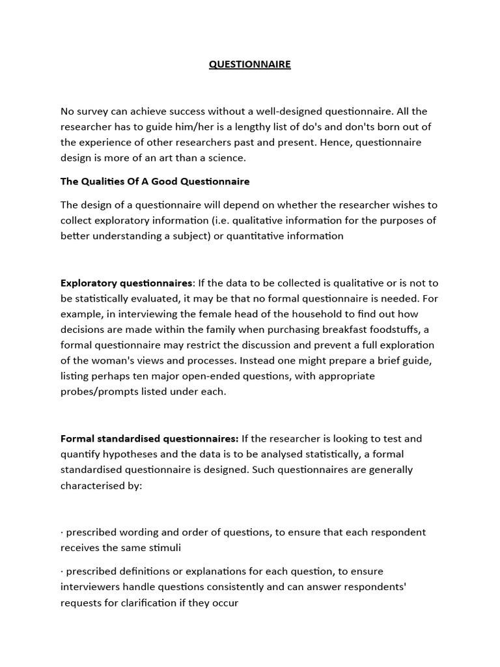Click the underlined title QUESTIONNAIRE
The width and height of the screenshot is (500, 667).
point(250,64)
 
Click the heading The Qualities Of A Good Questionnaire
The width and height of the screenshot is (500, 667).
point(155,181)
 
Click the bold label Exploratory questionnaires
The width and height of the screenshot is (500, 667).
point(126,283)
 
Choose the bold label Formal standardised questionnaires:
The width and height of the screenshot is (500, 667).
point(150,438)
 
